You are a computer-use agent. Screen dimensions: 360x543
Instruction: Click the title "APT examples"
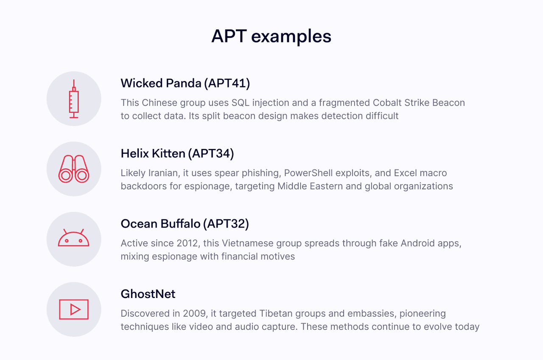click(x=271, y=37)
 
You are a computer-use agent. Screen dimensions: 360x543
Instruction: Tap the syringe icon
click(x=74, y=99)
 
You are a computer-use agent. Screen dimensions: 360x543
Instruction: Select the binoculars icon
click(x=74, y=169)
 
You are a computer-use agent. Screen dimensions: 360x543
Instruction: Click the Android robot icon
click(x=74, y=239)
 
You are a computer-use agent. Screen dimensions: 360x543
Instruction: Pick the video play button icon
click(x=74, y=309)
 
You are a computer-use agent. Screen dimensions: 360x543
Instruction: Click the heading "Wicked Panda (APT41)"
click(x=185, y=83)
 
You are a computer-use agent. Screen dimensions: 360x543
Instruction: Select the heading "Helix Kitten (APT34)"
click(x=177, y=154)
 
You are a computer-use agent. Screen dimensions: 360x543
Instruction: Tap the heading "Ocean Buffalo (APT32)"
click(x=185, y=224)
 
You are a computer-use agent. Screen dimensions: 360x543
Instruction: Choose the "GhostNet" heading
click(x=148, y=294)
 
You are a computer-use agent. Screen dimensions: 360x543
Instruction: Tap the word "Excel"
click(x=406, y=173)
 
